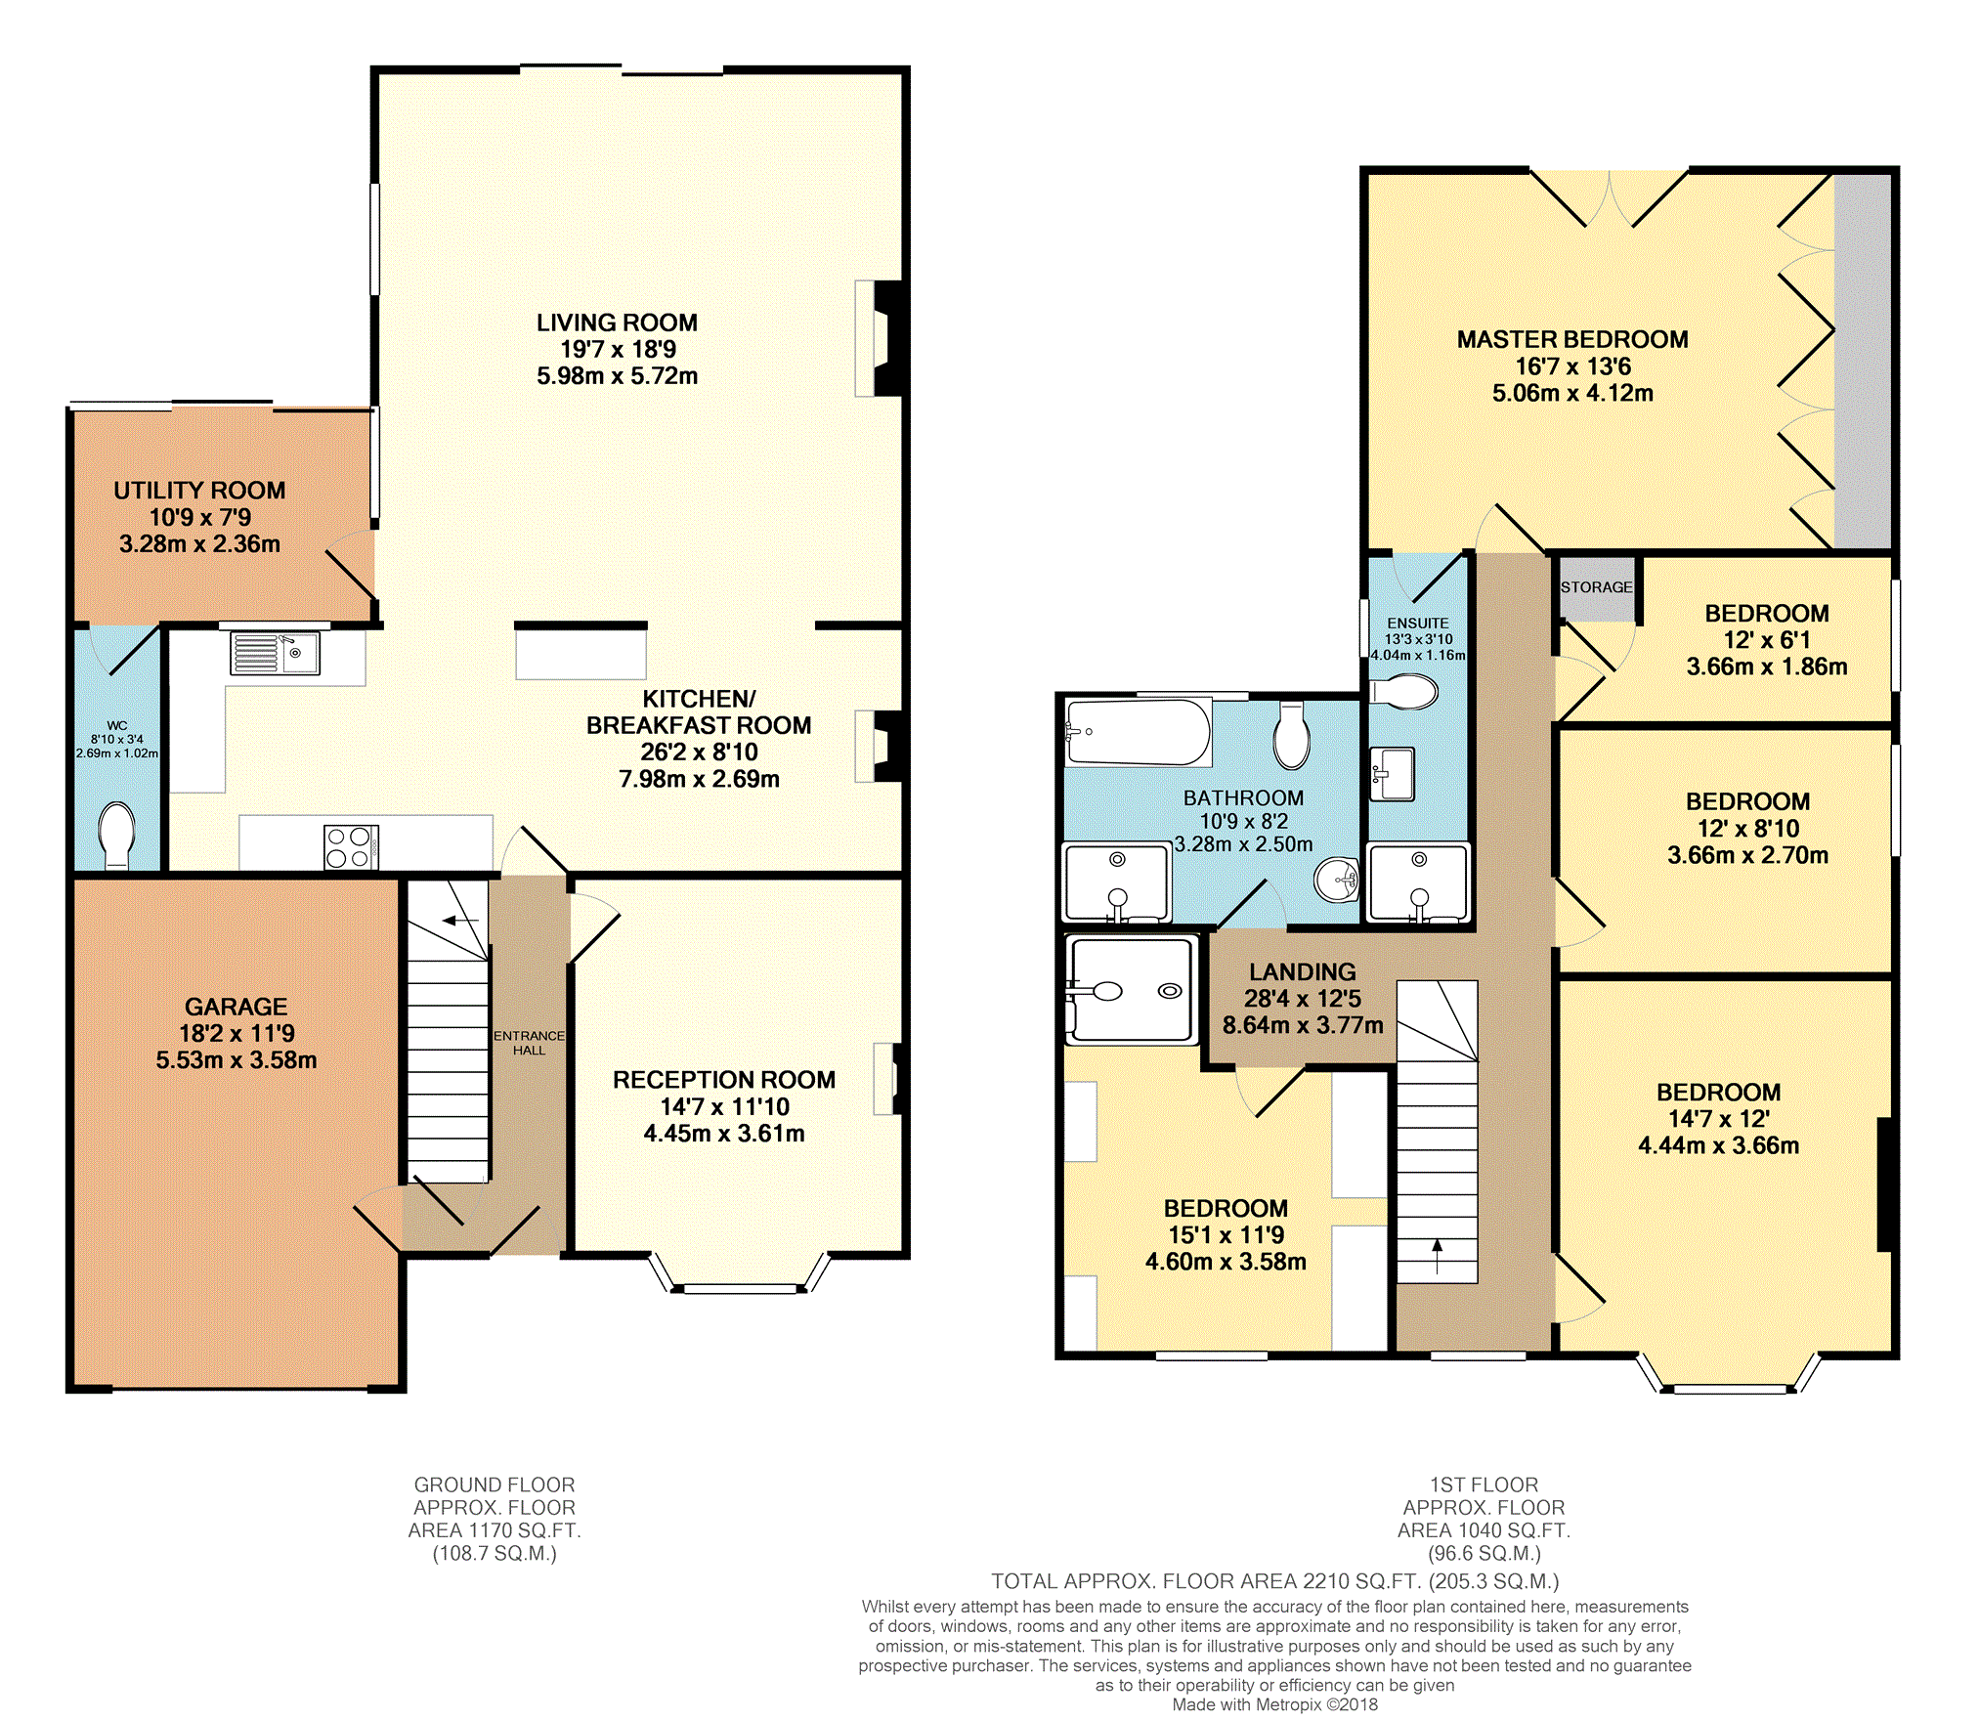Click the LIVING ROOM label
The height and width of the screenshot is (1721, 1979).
click(x=617, y=323)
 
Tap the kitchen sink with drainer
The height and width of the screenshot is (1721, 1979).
click(x=275, y=653)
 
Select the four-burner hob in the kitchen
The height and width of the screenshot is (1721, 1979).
click(x=351, y=847)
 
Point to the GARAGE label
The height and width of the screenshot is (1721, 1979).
click(x=237, y=1007)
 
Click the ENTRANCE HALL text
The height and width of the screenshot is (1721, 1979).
click(x=529, y=1043)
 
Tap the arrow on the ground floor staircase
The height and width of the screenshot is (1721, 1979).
click(x=460, y=920)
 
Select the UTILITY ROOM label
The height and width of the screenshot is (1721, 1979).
click(x=199, y=491)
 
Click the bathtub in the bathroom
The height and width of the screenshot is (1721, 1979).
click(x=1139, y=731)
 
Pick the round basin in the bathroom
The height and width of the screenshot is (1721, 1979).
click(x=1337, y=879)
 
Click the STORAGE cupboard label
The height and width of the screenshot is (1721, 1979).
click(x=1596, y=587)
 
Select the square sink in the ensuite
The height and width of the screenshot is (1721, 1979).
click(x=1392, y=774)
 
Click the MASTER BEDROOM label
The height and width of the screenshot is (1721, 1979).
click(x=1572, y=339)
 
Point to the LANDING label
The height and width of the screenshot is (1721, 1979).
click(x=1303, y=971)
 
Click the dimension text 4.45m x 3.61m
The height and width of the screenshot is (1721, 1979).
click(x=724, y=1134)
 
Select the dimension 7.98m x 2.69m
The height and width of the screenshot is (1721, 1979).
click(x=700, y=779)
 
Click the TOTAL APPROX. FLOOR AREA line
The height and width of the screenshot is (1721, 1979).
click(x=1275, y=1581)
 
